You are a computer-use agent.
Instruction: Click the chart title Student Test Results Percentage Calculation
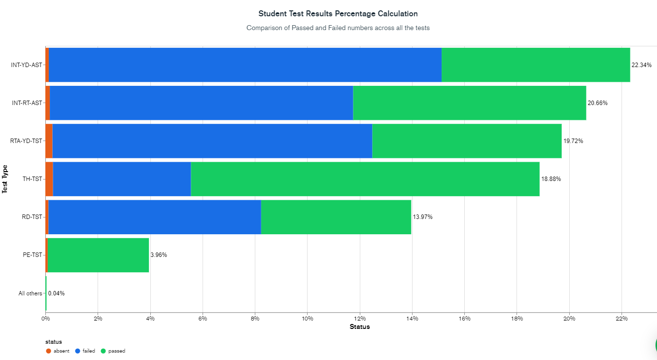click(x=338, y=13)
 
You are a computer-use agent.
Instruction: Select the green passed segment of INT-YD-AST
click(x=536, y=65)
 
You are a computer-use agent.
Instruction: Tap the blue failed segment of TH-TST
click(x=122, y=179)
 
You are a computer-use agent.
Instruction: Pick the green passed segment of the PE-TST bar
click(x=98, y=255)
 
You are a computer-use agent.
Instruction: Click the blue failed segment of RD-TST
click(x=154, y=217)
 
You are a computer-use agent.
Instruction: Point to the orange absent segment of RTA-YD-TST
click(x=49, y=141)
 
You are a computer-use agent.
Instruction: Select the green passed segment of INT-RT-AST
click(x=469, y=103)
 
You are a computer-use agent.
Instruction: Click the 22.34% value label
click(x=641, y=65)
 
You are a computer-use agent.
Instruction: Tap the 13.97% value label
click(x=422, y=217)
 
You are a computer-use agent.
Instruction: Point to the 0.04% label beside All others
click(x=56, y=293)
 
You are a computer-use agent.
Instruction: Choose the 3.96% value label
click(x=159, y=255)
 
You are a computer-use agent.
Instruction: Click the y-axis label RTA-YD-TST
click(x=27, y=141)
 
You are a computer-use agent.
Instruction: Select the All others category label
click(x=30, y=293)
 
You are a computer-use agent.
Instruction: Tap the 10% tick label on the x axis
click(x=307, y=319)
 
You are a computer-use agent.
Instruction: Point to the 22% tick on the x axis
click(x=622, y=319)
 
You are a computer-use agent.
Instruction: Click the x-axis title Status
click(x=359, y=326)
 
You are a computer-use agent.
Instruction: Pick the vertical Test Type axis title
click(x=5, y=179)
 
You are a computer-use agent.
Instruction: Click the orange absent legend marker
click(x=48, y=351)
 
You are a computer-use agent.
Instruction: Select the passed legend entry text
click(x=117, y=351)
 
